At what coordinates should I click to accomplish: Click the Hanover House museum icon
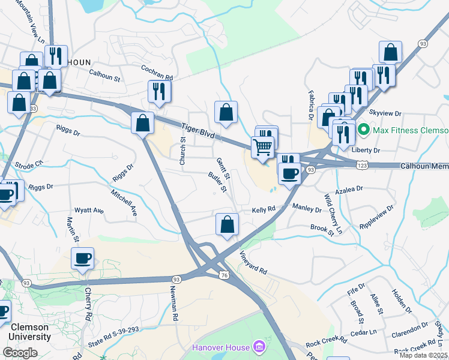(259, 347)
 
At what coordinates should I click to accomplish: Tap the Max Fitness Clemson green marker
(363, 130)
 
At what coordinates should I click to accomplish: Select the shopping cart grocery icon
(262, 146)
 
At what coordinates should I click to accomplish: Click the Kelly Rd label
(263, 209)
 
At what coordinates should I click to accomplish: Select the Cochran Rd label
(157, 73)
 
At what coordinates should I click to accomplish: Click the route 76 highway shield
(223, 275)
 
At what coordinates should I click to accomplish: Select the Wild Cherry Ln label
(333, 214)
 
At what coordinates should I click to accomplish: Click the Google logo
(20, 353)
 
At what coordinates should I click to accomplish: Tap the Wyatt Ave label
(89, 211)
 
